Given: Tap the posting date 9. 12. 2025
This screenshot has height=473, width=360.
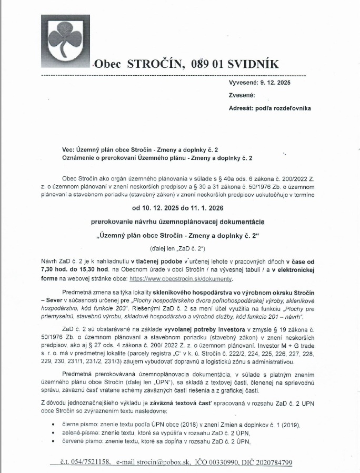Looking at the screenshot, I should coord(275,83).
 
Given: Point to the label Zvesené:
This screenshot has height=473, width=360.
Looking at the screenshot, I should coord(242,95).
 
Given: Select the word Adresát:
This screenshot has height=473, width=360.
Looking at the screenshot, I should coord(243,108).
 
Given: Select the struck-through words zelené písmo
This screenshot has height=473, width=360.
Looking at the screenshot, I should coord(79,431).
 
